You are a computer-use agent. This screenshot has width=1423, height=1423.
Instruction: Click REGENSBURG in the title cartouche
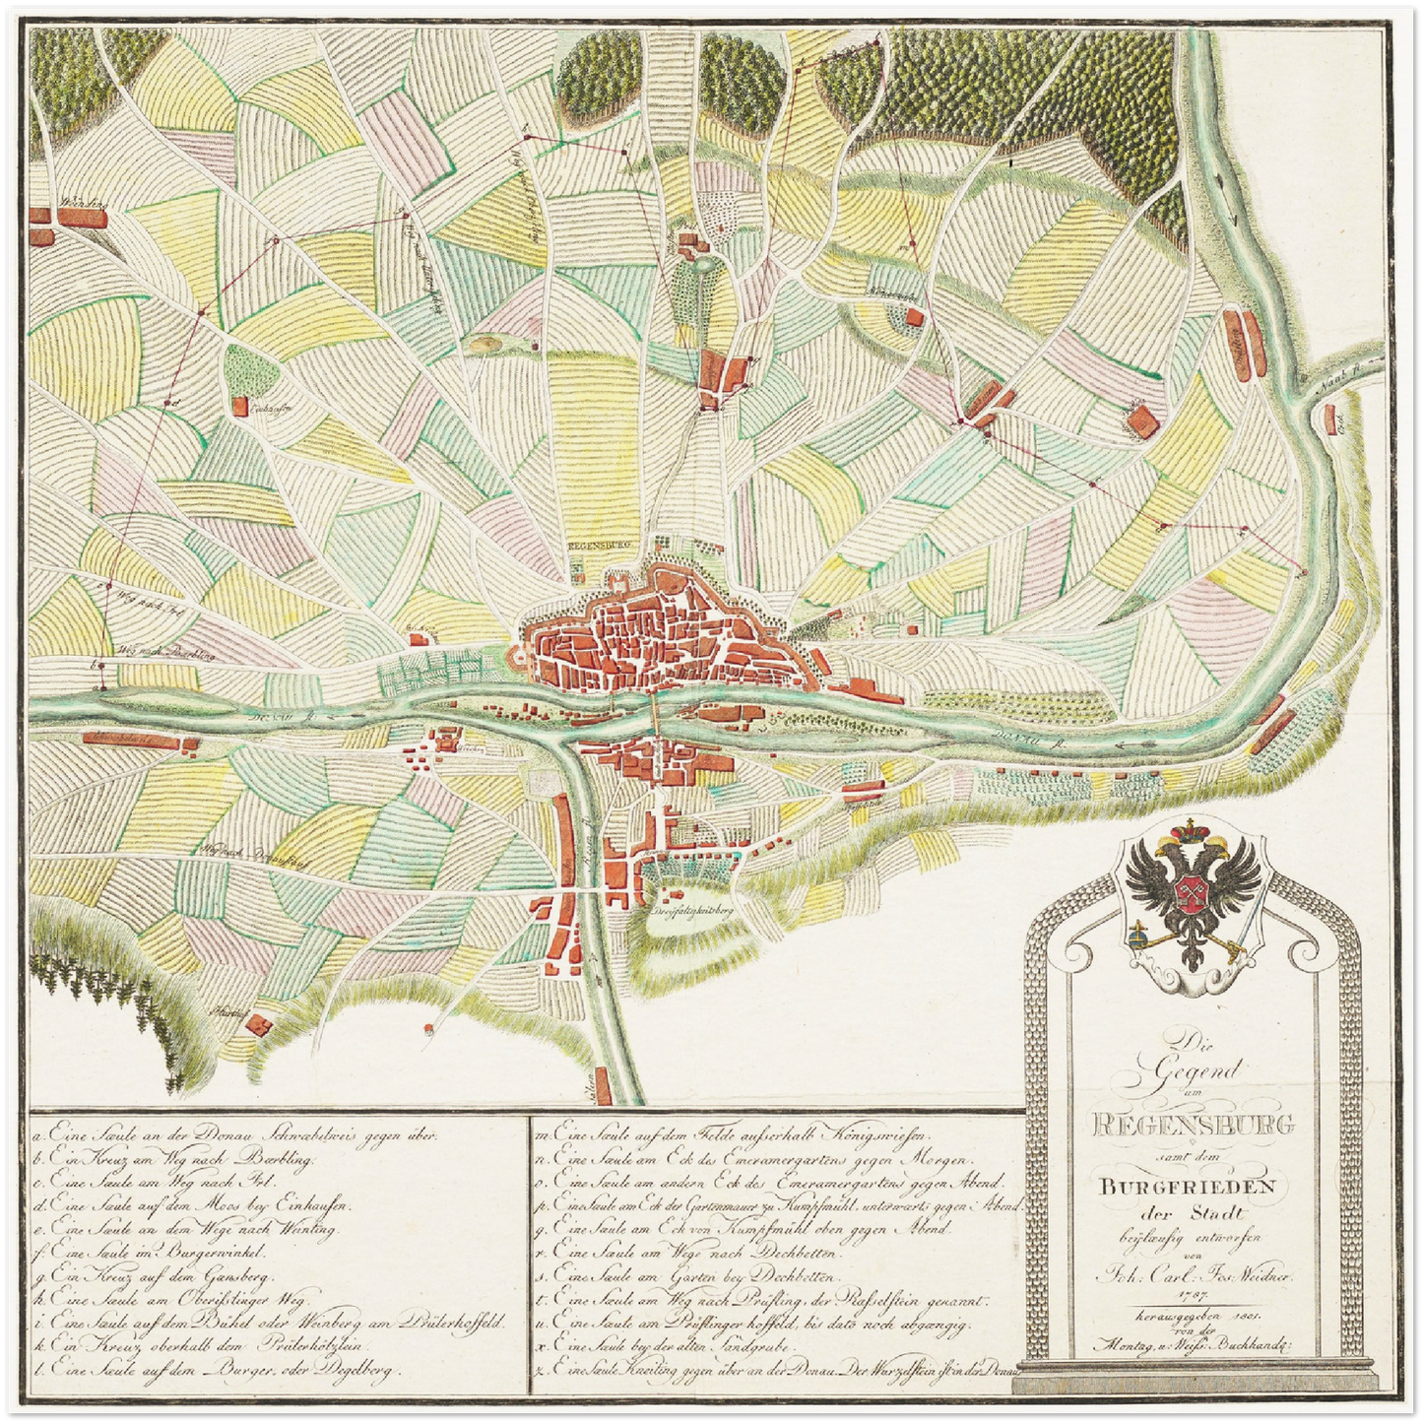pyautogui.click(x=1195, y=1124)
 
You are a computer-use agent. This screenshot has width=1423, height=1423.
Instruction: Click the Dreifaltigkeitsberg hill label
pyautogui.click(x=694, y=912)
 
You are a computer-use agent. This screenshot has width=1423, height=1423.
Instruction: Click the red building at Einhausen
pyautogui.click(x=241, y=406)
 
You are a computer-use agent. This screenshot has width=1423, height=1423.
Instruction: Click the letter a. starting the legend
pyautogui.click(x=37, y=1133)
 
